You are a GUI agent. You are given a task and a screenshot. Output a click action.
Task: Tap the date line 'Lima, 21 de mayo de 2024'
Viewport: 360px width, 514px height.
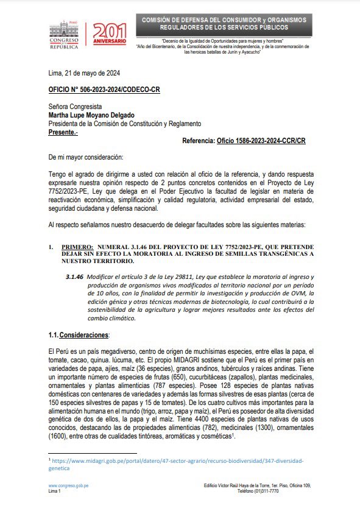click(x=84, y=72)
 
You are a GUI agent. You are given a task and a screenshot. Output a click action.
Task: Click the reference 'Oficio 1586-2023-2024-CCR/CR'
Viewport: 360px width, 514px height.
click(x=261, y=141)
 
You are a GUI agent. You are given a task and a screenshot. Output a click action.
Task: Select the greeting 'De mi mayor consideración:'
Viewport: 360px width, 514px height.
click(x=85, y=157)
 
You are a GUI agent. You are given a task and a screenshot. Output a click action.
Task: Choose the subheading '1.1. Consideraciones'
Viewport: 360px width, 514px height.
click(x=79, y=335)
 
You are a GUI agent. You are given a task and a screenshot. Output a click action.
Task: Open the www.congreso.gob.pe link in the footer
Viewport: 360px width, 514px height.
click(x=69, y=485)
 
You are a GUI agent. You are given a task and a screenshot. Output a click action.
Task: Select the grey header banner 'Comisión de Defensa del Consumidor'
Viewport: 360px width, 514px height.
click(x=224, y=24)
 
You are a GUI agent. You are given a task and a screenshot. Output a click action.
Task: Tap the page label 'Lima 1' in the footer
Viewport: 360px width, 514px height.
click(x=55, y=490)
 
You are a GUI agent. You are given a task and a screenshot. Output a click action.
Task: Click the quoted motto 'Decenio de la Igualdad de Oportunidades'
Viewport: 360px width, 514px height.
click(x=224, y=40)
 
